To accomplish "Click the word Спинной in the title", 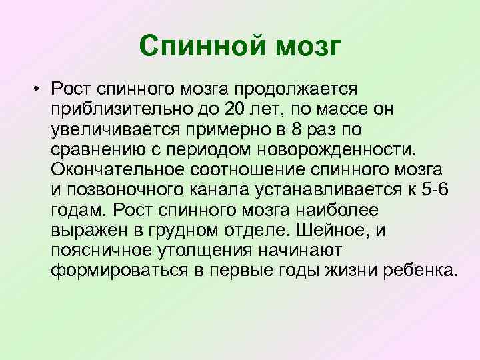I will (x=193, y=46).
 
